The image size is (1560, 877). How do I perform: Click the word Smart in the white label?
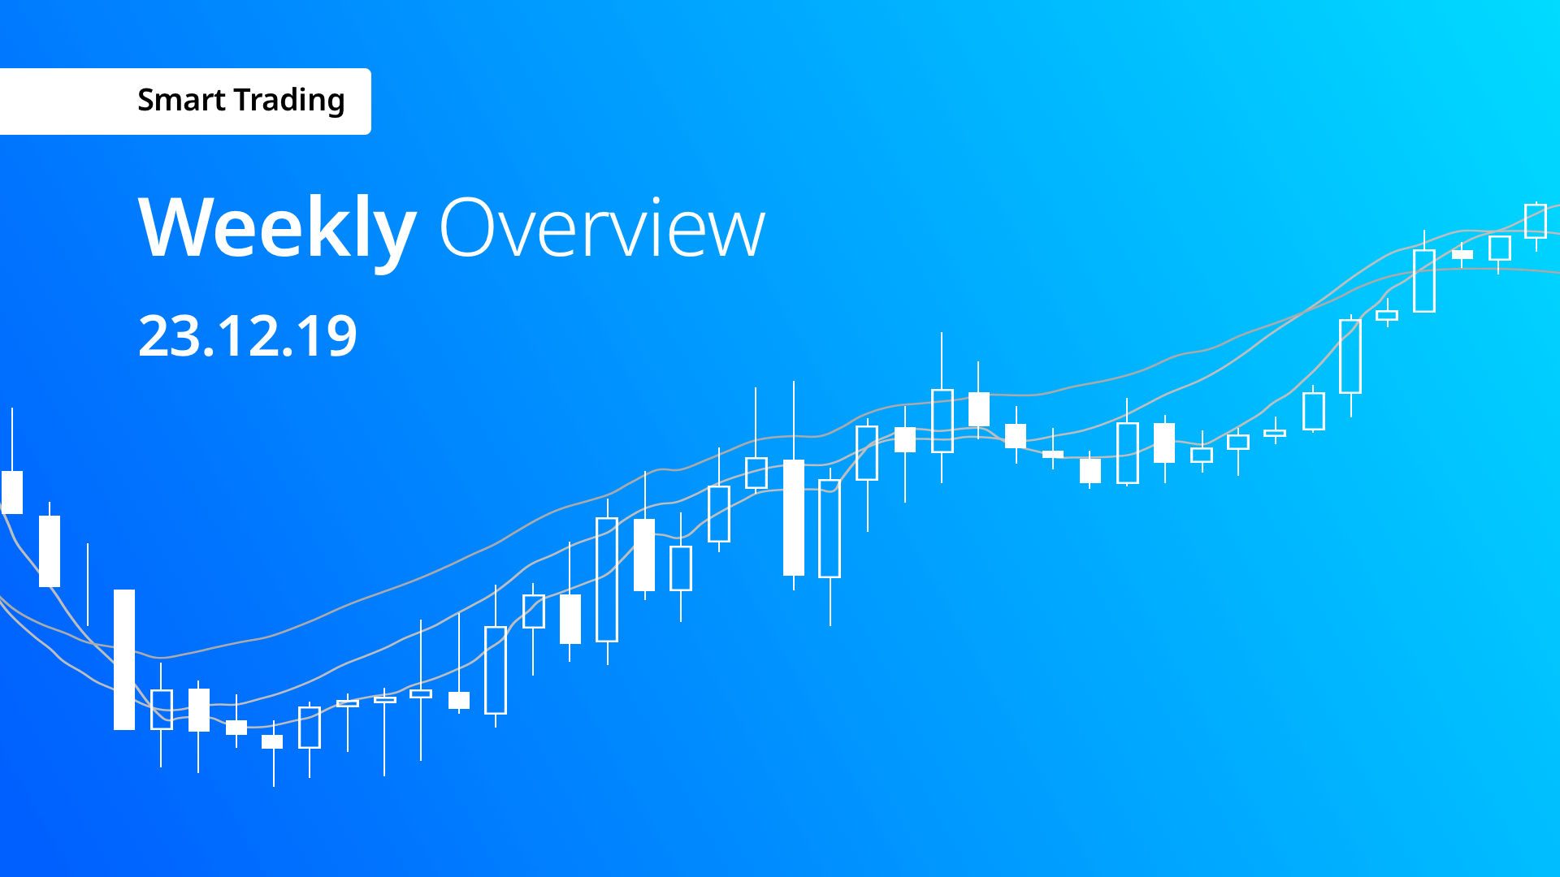pyautogui.click(x=181, y=100)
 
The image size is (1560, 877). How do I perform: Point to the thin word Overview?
pyautogui.click(x=603, y=228)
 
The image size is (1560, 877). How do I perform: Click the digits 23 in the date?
pyautogui.click(x=167, y=335)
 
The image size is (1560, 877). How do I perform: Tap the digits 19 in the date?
pyautogui.click(x=327, y=335)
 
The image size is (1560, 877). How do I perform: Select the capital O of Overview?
pyautogui.click(x=466, y=228)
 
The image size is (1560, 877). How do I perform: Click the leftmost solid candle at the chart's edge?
pyautogui.click(x=12, y=492)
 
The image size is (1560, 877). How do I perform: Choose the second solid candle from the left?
pyautogui.click(x=50, y=551)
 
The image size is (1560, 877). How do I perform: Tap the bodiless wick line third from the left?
pyautogui.click(x=88, y=585)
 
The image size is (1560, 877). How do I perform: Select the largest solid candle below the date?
pyautogui.click(x=124, y=659)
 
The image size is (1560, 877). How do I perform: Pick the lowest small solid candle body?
pyautogui.click(x=272, y=741)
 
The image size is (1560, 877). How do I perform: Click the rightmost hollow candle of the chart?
pyautogui.click(x=1536, y=221)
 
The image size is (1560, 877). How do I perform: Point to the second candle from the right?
pyautogui.click(x=1500, y=248)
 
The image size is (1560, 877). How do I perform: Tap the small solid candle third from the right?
pyautogui.click(x=1462, y=254)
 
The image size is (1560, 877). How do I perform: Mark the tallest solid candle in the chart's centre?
pyautogui.click(x=794, y=517)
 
